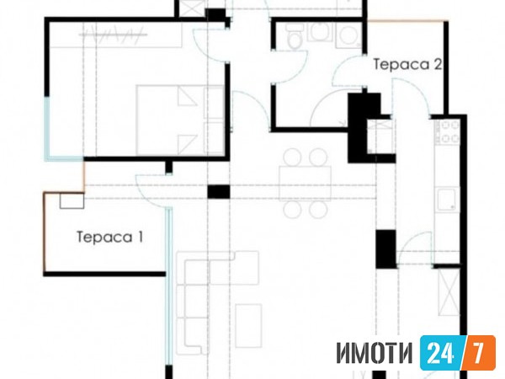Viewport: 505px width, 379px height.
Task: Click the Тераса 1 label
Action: pos(109,238)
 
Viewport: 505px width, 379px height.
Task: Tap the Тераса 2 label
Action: pos(407,65)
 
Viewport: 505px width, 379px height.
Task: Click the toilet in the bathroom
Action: pos(294,37)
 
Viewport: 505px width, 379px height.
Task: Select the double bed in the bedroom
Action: pos(180,120)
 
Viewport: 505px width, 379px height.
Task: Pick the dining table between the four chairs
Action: pos(305,184)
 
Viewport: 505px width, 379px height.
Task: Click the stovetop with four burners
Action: pos(447,131)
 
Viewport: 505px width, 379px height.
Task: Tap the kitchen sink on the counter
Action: pos(448,200)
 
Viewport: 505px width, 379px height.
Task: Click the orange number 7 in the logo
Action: pos(479,353)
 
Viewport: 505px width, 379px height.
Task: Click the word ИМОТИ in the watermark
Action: pos(375,353)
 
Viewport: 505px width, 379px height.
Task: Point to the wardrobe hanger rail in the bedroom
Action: pos(113,35)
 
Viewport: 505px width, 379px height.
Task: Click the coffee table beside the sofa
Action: pos(248,325)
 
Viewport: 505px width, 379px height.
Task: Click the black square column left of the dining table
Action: pos(219,191)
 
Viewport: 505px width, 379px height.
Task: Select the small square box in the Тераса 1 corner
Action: pos(72,200)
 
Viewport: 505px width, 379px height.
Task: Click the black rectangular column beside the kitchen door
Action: pos(385,248)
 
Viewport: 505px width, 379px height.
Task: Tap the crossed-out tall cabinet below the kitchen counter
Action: pos(449,292)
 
